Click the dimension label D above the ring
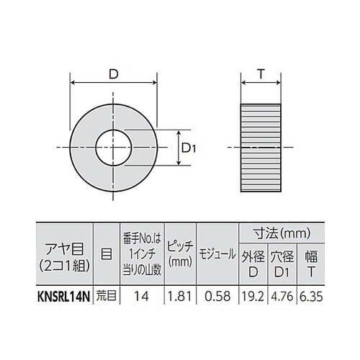[114, 75]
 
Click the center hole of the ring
[114, 148]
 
